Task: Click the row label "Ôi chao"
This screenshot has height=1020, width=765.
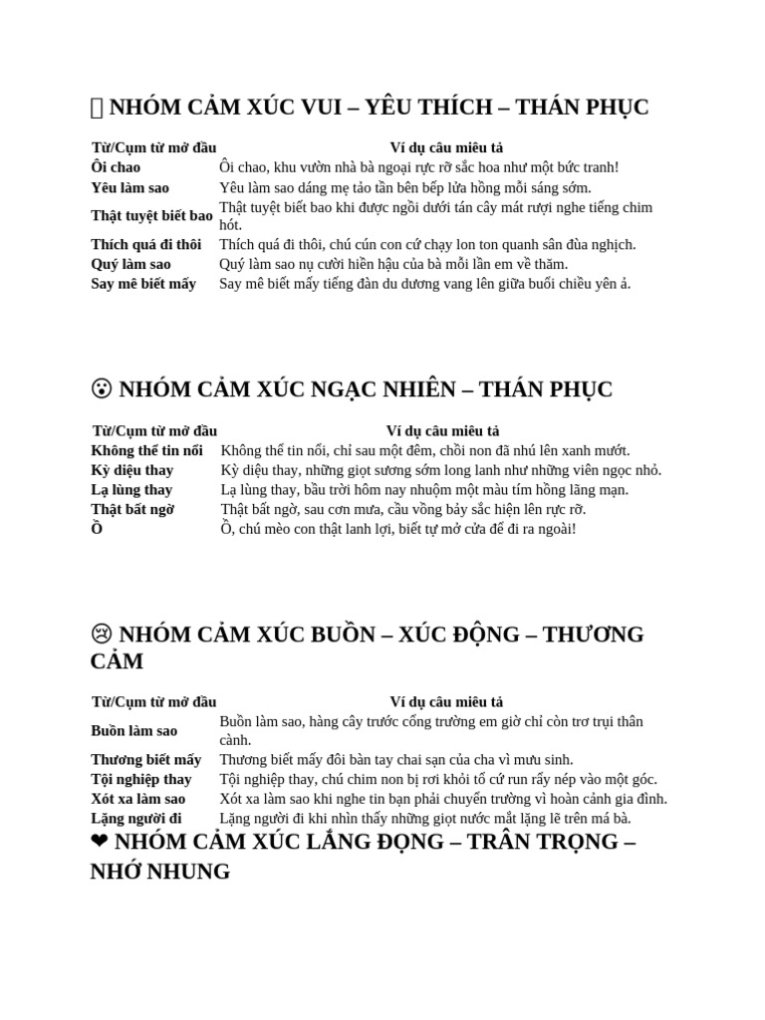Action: (116, 167)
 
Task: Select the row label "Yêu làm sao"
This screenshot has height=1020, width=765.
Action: (129, 187)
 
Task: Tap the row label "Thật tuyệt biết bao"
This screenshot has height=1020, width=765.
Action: (151, 216)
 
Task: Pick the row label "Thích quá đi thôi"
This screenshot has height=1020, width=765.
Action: (145, 244)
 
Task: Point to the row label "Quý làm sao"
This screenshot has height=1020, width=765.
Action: (130, 264)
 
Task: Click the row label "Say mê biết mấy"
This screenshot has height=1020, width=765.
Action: (143, 284)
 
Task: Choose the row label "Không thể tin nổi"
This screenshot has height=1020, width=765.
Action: (146, 451)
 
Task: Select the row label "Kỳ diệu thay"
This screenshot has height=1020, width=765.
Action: (131, 470)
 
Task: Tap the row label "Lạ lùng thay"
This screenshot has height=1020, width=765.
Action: (131, 490)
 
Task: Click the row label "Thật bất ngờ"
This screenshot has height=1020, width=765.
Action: (132, 509)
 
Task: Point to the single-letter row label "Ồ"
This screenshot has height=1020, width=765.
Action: (97, 529)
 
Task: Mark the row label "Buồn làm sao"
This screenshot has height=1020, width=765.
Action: (133, 731)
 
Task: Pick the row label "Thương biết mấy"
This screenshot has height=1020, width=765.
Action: (145, 760)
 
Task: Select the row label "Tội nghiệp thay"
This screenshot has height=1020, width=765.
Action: (141, 779)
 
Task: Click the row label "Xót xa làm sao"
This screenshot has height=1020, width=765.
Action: (137, 799)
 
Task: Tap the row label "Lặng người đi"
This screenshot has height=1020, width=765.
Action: (136, 819)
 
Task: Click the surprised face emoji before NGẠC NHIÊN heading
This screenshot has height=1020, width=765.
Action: (101, 389)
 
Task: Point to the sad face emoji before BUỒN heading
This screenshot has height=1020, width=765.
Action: (101, 636)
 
